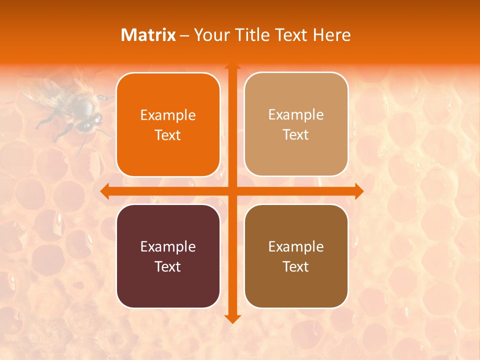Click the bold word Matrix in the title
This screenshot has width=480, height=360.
(148, 35)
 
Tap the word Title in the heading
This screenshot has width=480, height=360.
(251, 35)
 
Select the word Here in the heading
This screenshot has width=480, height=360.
(332, 35)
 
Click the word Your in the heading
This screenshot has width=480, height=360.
(210, 35)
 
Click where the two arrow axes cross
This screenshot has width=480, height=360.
(232, 191)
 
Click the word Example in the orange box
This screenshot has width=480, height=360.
(168, 115)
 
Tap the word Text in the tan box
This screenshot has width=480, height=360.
(296, 135)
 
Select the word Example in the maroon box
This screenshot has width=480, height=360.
(168, 247)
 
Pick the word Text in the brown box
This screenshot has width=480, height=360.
(296, 267)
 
